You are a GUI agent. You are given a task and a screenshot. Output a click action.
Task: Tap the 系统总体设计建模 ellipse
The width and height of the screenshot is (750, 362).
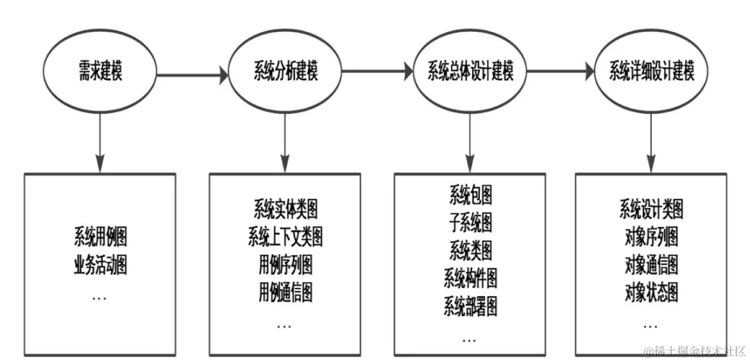point(470,72)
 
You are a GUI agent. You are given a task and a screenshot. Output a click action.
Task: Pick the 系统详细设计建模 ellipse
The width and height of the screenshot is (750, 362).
point(652,72)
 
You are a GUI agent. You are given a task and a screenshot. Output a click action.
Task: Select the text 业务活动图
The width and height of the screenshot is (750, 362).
point(99,265)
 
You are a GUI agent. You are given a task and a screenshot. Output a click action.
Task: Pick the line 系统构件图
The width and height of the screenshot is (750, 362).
point(470,279)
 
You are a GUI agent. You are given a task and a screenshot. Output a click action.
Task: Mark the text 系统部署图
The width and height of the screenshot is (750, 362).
point(470,307)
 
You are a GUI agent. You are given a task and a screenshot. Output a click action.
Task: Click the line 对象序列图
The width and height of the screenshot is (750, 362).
point(651,237)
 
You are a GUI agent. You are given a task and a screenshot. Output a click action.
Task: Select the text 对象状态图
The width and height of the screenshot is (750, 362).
point(651,293)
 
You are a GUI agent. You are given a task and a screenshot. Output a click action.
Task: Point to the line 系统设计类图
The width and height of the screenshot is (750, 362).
point(651,210)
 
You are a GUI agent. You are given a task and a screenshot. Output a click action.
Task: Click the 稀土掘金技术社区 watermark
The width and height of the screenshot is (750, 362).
point(695,350)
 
